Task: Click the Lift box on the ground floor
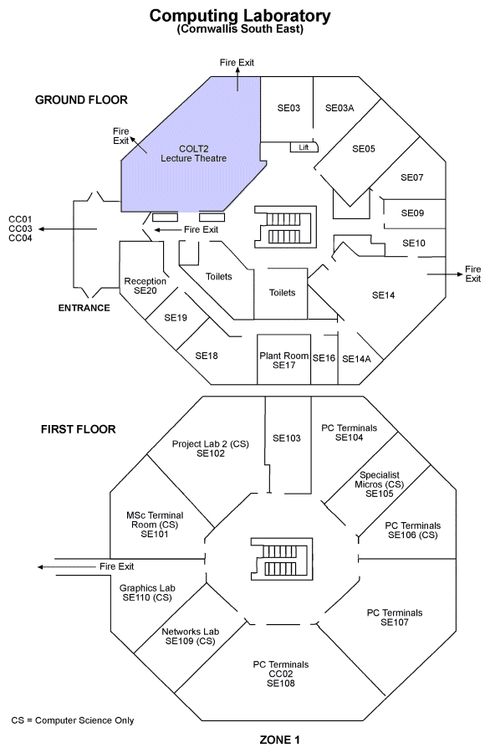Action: tap(304, 147)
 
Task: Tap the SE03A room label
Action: tap(339, 108)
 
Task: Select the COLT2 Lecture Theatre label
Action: tap(193, 154)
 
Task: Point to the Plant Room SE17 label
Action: tap(283, 360)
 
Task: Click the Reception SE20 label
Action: tap(145, 286)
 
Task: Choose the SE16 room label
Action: tap(324, 358)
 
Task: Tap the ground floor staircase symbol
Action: tap(285, 227)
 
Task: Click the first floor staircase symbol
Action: tap(282, 559)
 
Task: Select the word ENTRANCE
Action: tap(84, 308)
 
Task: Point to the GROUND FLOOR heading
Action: tap(81, 100)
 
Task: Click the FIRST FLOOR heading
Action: tap(79, 429)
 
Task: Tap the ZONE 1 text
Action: tap(279, 740)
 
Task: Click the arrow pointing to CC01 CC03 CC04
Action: tap(68, 229)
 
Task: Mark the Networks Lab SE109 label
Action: tap(190, 637)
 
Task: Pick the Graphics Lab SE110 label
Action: tap(147, 592)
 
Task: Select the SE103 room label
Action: tap(287, 438)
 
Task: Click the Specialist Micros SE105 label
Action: tap(379, 484)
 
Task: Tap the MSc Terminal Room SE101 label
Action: tap(155, 525)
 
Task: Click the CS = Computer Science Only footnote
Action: tap(73, 720)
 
